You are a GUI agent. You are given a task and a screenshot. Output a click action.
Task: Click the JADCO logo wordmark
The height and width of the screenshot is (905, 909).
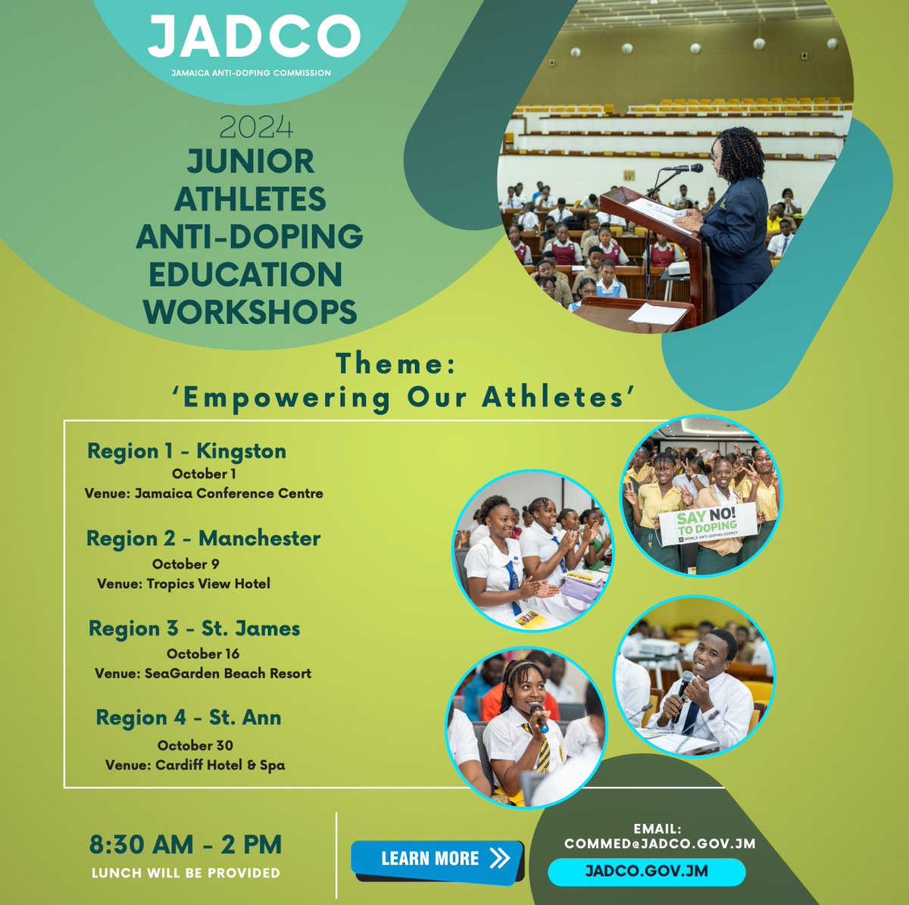[x=254, y=37]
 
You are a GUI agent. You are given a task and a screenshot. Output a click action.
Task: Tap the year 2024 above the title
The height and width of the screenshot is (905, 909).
[x=256, y=127]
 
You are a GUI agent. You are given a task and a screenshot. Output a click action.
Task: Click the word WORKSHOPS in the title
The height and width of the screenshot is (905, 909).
[x=250, y=311]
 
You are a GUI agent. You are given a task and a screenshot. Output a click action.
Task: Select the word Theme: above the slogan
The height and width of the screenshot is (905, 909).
[x=396, y=364]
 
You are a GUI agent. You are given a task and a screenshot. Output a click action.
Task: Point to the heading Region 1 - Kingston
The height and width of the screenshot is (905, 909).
[x=186, y=451]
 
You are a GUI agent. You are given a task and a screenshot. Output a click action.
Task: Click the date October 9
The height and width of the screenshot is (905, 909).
[x=186, y=563]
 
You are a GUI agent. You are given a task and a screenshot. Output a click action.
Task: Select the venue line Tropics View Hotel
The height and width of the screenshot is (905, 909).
[x=183, y=583]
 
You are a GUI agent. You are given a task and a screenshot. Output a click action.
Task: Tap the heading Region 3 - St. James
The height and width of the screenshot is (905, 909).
[x=194, y=629]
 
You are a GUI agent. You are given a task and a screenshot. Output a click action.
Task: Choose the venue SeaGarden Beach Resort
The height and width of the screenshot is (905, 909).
[x=203, y=673]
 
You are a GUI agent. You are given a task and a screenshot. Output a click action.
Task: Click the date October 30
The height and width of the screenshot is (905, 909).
[x=195, y=745]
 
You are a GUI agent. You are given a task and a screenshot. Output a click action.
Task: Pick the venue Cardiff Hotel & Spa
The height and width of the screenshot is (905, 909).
[x=195, y=765]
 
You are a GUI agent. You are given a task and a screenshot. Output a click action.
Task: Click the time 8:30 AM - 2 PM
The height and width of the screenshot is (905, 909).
[x=186, y=844]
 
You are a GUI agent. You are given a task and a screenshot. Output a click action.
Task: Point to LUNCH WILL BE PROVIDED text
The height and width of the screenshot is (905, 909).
[x=186, y=873]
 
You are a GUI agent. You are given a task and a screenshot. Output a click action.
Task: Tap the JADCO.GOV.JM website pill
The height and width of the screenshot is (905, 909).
[x=646, y=871]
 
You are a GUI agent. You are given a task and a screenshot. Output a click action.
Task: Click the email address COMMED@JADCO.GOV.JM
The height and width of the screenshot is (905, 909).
[x=660, y=843]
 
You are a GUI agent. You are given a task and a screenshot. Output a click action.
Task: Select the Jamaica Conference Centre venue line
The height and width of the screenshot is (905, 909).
[x=204, y=493]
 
